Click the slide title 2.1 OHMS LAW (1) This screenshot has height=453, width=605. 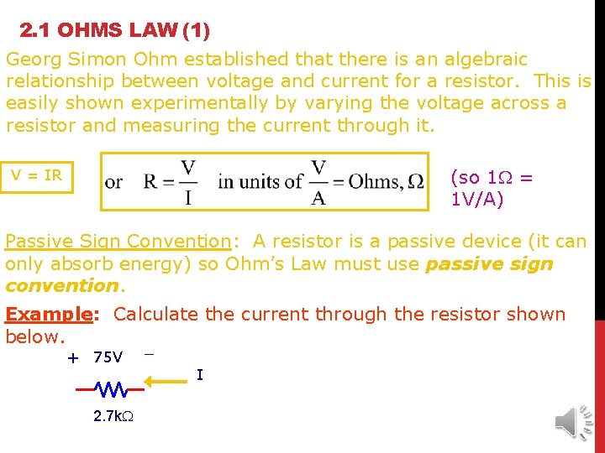click(x=114, y=31)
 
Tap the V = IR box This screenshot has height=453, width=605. click(x=37, y=175)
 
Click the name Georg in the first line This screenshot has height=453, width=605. click(x=31, y=60)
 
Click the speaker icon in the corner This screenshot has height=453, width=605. click(x=575, y=419)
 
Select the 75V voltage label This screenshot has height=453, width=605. click(x=108, y=357)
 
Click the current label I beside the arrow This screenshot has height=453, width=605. click(x=199, y=375)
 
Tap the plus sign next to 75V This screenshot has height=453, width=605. click(x=73, y=358)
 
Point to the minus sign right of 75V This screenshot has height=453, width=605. click(x=149, y=354)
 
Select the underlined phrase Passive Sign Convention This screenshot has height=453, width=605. click(x=118, y=242)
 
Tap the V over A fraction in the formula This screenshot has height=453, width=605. click(x=318, y=182)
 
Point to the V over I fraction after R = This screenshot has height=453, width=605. click(x=188, y=182)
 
